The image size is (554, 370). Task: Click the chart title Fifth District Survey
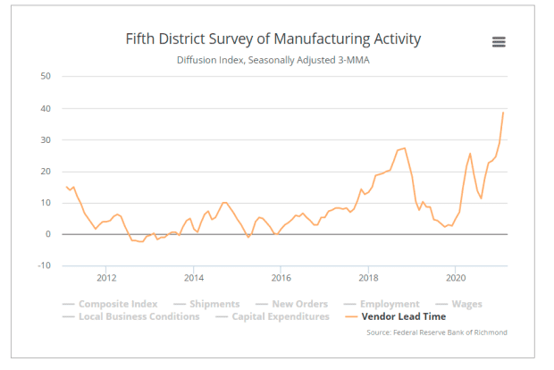coord(272,39)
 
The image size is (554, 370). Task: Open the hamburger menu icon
coord(499,42)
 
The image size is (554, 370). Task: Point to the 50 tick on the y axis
coord(45,77)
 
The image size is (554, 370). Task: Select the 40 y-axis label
coord(45,109)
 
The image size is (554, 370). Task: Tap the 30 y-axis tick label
coord(45,140)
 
